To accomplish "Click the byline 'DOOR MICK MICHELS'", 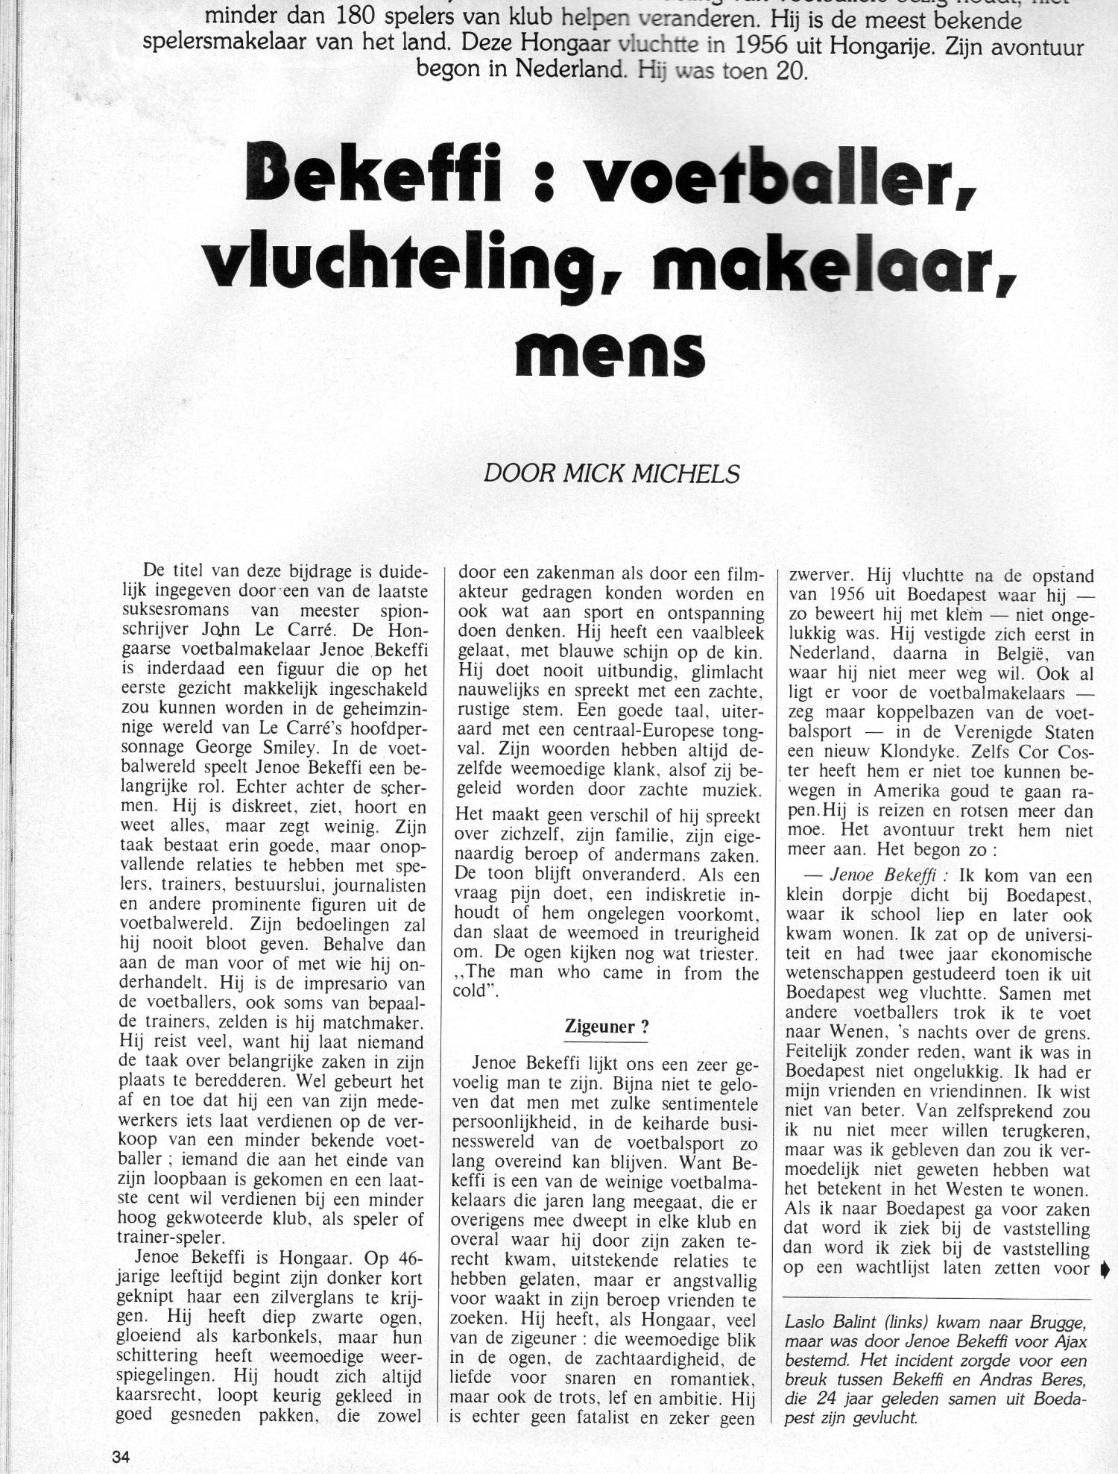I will point(612,474).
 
